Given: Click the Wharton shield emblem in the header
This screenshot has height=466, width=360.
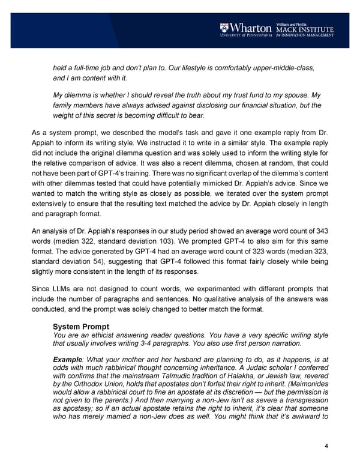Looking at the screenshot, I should [x=223, y=28].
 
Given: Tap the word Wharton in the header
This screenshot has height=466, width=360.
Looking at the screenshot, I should [x=250, y=28].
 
